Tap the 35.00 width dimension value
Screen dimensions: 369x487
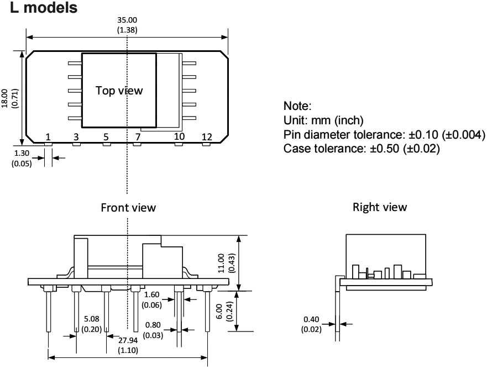pos(128,21)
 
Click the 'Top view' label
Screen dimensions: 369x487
pos(119,91)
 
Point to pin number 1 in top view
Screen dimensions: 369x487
pos(48,136)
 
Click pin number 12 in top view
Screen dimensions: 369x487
pos(207,136)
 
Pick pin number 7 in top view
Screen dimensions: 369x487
pos(137,136)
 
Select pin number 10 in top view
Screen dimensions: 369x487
pos(179,136)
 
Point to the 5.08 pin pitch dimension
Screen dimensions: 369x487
pos(91,319)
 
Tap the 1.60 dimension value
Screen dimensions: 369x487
pos(152,294)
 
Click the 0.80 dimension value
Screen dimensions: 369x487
pos(153,326)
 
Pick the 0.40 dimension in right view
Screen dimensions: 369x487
pos(311,319)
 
